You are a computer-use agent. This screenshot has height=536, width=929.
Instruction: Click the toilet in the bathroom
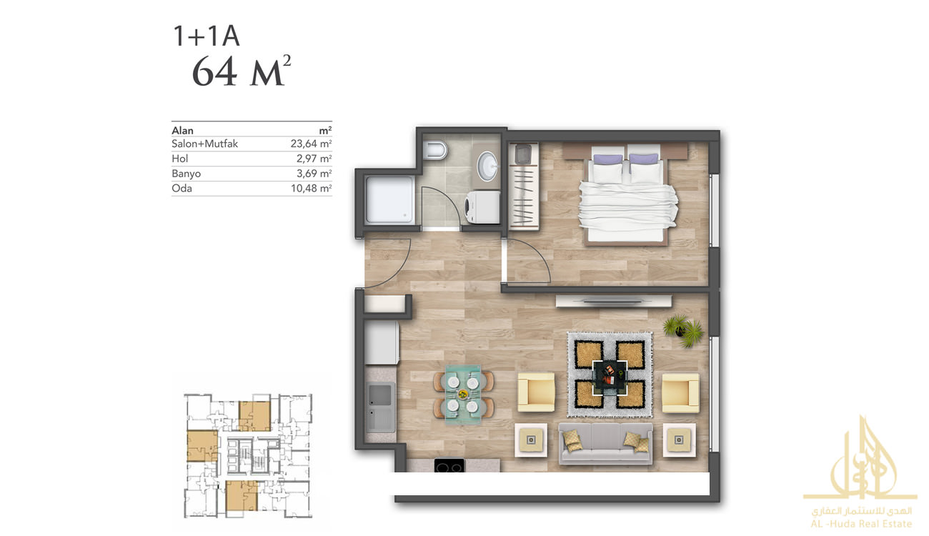coord(435,151)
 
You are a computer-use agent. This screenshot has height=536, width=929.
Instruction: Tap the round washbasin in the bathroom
coord(487,166)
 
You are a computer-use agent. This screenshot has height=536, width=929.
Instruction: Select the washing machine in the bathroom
coord(482,207)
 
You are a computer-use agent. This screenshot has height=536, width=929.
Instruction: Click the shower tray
coord(389,199)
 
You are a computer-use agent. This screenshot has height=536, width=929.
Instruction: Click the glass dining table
coord(463,394)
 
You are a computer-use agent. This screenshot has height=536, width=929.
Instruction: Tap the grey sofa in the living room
coord(605,444)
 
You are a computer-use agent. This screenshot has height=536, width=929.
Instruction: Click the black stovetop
coord(449,465)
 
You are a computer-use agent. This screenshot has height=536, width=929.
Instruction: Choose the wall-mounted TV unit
coord(613,301)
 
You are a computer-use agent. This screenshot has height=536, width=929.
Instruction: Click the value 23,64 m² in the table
coord(311,144)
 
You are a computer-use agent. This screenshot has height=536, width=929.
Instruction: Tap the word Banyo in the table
coord(187,174)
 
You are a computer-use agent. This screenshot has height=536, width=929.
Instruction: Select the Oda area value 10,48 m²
coord(311,189)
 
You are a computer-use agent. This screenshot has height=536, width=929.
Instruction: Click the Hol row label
coord(179,159)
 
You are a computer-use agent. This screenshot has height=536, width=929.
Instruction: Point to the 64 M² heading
coord(242,71)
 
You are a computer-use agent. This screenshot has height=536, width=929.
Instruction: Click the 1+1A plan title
coord(206,36)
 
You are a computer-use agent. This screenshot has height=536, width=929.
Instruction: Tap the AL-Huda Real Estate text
coord(861,524)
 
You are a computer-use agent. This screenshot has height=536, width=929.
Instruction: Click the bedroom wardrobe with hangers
coord(523,186)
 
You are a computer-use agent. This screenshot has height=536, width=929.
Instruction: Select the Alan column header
coord(182,131)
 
